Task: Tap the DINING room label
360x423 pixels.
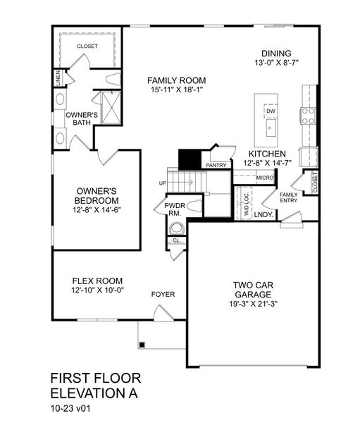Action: click(x=276, y=54)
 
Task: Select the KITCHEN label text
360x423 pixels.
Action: click(x=267, y=153)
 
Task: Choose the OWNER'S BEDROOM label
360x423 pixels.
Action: click(x=97, y=195)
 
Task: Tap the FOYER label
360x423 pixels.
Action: click(x=163, y=294)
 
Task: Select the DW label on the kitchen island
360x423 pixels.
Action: click(x=271, y=111)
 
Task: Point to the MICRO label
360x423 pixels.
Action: click(x=265, y=178)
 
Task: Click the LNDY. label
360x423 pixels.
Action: click(x=264, y=214)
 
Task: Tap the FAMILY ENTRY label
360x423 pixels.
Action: click(x=289, y=197)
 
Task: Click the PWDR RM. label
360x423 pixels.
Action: click(x=174, y=209)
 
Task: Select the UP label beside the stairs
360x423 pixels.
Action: click(x=163, y=183)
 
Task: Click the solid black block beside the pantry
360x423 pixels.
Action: click(x=189, y=159)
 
